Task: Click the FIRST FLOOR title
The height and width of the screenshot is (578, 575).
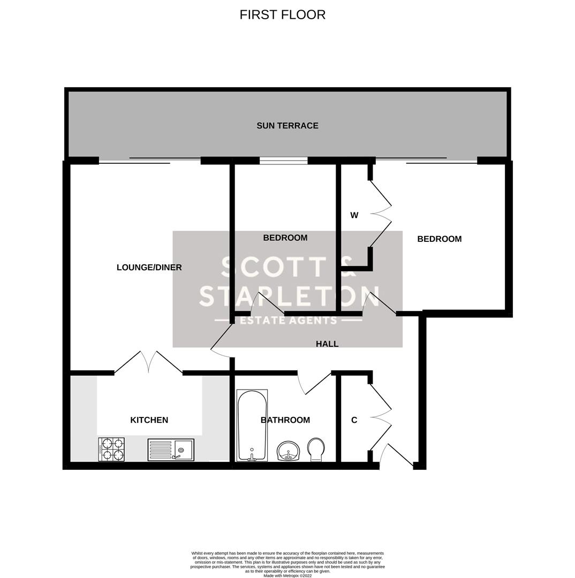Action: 282,15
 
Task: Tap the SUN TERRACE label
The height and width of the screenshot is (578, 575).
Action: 287,126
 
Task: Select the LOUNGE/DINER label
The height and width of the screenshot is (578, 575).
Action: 149,268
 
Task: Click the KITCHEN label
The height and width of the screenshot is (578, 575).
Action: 149,420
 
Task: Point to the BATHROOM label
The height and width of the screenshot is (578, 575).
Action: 285,420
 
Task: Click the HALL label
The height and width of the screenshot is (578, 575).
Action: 327,344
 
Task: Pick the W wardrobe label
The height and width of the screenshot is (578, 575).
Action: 354,215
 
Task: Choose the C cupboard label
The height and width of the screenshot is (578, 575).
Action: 354,420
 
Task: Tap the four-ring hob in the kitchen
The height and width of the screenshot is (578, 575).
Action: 111,449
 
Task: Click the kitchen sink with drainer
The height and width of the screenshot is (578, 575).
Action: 171,450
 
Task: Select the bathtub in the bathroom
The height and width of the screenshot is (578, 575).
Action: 252,425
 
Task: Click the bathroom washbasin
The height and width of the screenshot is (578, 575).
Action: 289,451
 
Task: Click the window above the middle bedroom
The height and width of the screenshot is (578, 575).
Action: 283,160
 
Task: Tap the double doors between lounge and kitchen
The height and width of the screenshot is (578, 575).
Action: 148,362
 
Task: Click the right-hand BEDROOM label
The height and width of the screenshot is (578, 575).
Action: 439,239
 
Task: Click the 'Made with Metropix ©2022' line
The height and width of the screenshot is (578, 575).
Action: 287,575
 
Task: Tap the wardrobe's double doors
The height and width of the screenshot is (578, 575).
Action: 381,214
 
